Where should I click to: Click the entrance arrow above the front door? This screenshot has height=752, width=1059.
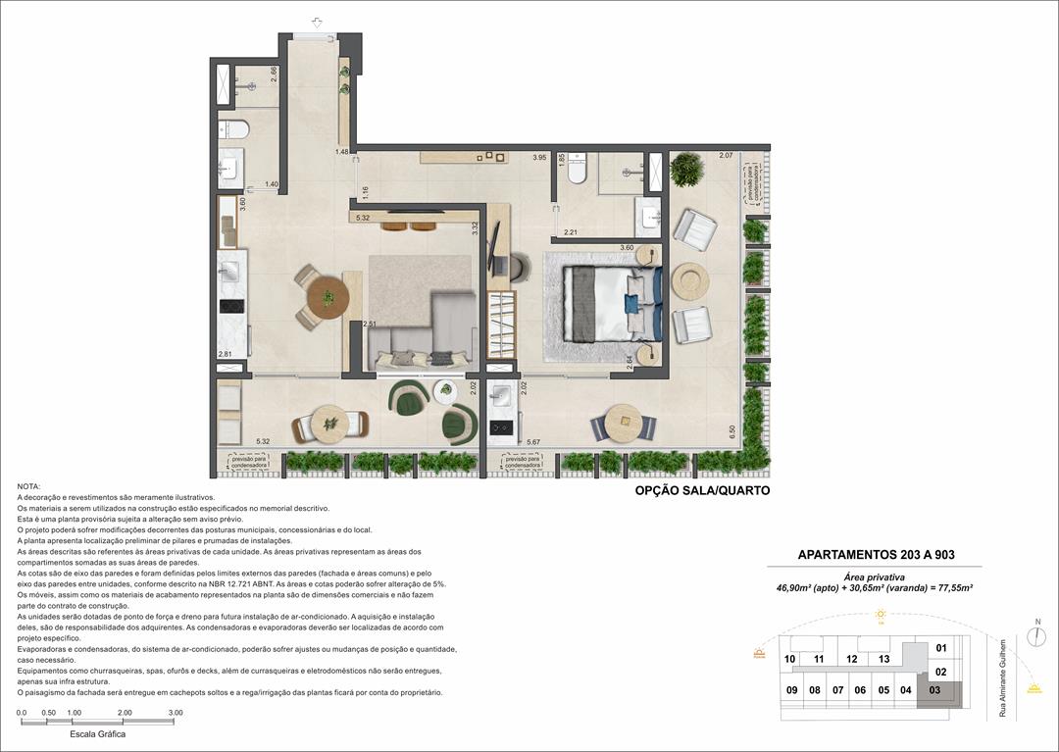coord(317,22)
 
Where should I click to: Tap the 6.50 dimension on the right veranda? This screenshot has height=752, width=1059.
coord(731,429)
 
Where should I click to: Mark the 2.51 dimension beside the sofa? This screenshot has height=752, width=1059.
coord(369,325)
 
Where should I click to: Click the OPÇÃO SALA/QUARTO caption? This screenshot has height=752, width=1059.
coord(702,490)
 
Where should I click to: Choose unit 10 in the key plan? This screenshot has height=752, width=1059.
coord(789,659)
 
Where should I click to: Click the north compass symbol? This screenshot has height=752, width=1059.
coord(1036,635)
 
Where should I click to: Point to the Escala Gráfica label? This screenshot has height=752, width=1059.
coord(97,733)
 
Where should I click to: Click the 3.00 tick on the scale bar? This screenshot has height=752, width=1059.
coord(175,713)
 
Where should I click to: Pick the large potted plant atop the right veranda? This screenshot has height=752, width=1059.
coord(687,169)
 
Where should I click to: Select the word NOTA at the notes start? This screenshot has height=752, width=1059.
coord(28,486)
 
